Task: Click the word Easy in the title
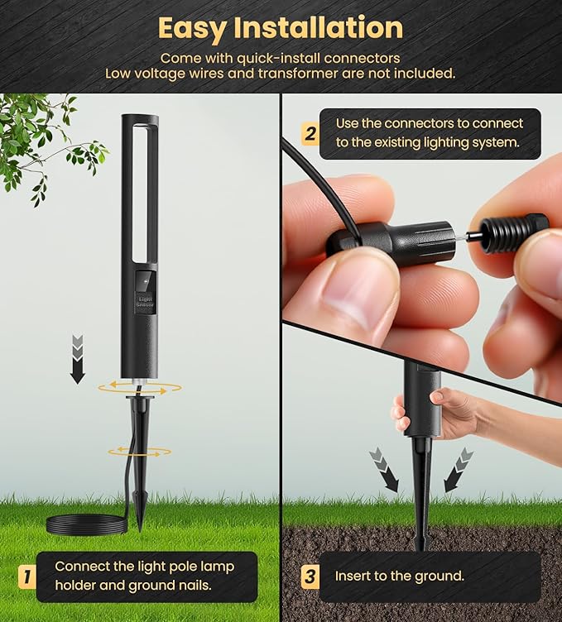[x=192, y=29]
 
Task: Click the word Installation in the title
[x=318, y=27]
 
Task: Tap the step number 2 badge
[x=310, y=134]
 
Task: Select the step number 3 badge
[x=310, y=576]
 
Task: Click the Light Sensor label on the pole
[x=146, y=301]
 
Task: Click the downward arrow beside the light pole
[x=78, y=360]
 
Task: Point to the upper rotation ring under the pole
[x=138, y=388]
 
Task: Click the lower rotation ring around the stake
[x=140, y=451]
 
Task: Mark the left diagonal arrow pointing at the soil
[x=383, y=470]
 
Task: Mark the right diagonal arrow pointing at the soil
[x=459, y=470]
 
